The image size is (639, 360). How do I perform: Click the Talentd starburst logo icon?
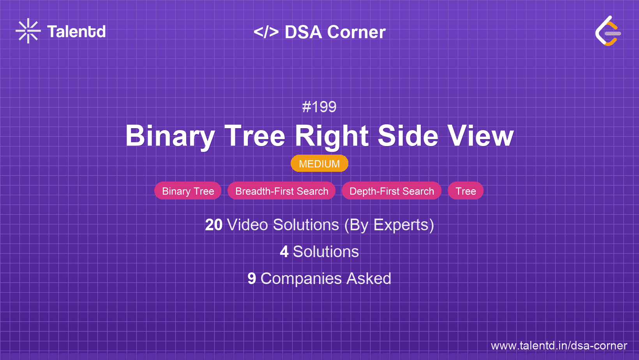[x=28, y=31]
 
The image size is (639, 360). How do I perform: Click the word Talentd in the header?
[x=76, y=32]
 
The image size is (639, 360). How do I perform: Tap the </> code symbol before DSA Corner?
[x=266, y=32]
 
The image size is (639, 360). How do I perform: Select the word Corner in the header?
[x=357, y=32]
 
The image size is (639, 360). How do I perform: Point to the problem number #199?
[x=319, y=107]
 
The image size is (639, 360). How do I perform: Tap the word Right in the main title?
[x=332, y=136]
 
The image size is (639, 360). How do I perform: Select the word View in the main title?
[x=480, y=136]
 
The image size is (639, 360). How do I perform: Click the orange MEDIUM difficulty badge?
[x=319, y=164]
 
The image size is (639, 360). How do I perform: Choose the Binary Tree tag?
[x=188, y=191]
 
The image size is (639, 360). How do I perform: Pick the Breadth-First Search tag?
[x=282, y=191]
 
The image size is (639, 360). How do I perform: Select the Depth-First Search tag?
[x=392, y=191]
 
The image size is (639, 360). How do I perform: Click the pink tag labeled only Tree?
[x=466, y=191]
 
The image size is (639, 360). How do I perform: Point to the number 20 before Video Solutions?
[x=214, y=225]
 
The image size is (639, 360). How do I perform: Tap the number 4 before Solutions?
[x=284, y=252]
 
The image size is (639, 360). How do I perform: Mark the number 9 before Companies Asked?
[x=252, y=279]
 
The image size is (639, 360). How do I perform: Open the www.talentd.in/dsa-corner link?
[x=559, y=346]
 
